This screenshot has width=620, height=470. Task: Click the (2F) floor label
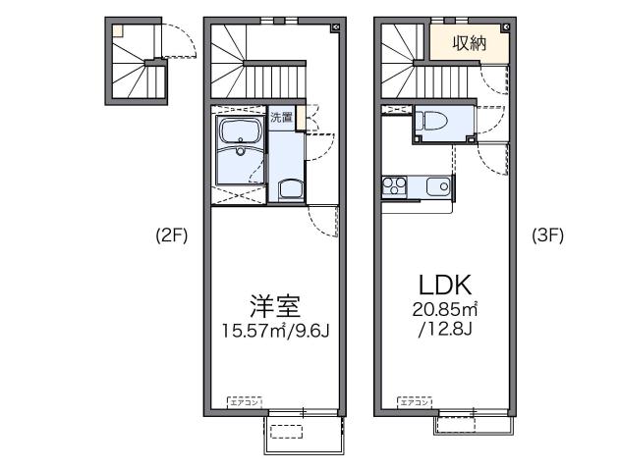171,235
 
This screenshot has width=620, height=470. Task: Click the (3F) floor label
548,235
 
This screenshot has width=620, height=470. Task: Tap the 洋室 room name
274,306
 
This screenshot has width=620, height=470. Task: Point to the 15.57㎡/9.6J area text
274,332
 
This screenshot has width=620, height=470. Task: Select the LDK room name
446,286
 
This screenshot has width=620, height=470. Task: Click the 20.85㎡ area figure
444,311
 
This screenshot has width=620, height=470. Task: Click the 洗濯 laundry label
282,116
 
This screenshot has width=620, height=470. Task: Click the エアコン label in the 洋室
243,401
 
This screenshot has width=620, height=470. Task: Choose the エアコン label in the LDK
414,401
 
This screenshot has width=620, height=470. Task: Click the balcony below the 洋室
303,432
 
